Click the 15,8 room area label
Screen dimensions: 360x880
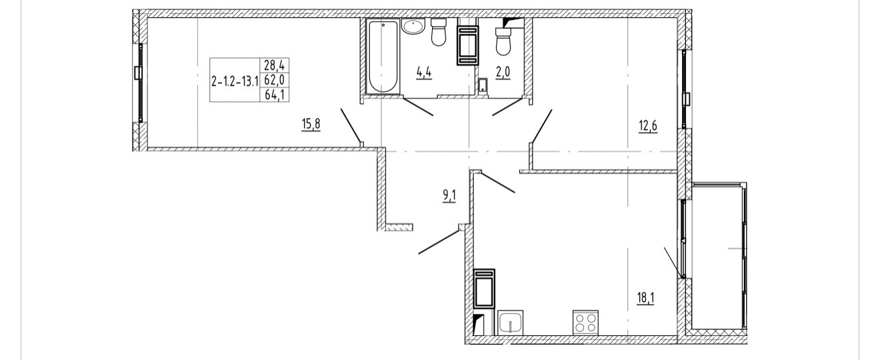pos(311,124)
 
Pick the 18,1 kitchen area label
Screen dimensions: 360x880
pos(645,297)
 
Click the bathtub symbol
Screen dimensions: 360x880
pos(383,57)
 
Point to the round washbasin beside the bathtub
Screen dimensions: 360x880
pos(414,27)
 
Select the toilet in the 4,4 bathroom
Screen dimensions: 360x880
pos(438,33)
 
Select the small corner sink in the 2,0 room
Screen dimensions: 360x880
pos(483,85)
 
